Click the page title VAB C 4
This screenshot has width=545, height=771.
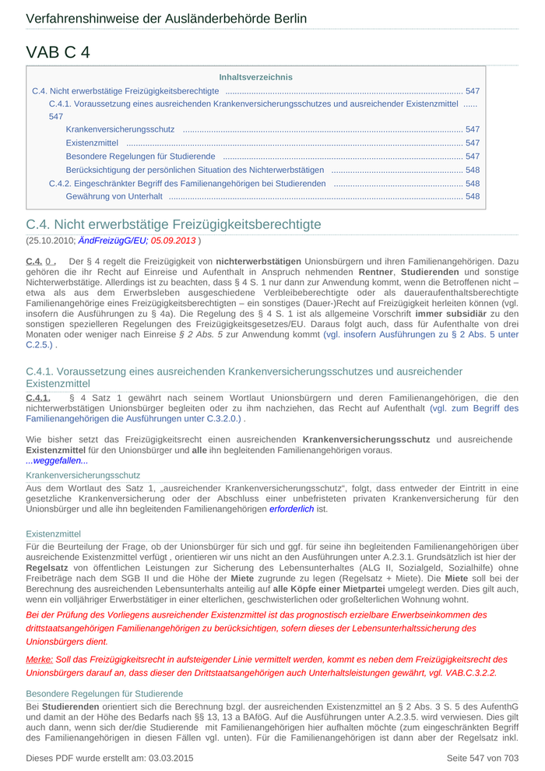point(58,52)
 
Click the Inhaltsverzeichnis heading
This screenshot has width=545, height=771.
point(255,77)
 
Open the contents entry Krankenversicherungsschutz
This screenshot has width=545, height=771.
point(120,129)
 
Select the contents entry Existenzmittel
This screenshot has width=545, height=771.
point(92,143)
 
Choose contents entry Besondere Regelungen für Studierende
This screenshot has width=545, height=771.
point(140,157)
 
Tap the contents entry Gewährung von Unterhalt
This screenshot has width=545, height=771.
point(114,196)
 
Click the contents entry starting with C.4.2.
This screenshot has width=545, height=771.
point(187,183)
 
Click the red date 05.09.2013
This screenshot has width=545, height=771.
point(173,241)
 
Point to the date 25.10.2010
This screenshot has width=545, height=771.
point(51,241)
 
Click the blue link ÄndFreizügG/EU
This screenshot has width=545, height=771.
point(113,241)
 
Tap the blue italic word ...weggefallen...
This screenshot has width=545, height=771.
point(56,461)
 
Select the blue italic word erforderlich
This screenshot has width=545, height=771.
point(291,509)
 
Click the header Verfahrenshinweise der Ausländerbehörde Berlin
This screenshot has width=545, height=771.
point(166,19)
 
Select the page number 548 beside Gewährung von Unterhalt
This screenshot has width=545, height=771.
point(472,196)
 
